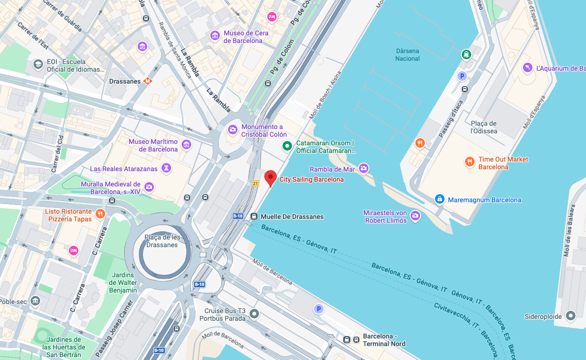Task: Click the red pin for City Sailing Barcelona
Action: [x=271, y=178]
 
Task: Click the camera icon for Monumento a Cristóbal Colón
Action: [x=233, y=129]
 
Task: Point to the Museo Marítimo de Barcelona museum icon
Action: [x=186, y=144]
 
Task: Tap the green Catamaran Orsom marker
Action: [x=287, y=146]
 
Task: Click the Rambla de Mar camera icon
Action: [x=364, y=168]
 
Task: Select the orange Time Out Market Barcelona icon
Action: [x=469, y=162]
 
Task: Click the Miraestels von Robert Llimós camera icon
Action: [x=415, y=216]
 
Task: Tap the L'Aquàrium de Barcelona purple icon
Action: [x=527, y=68]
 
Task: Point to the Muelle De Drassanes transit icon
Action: [x=254, y=217]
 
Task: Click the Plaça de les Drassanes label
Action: [x=163, y=241]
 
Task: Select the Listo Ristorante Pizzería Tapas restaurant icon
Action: [x=100, y=214]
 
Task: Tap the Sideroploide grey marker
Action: [x=570, y=316]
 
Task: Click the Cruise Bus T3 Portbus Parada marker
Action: [x=254, y=314]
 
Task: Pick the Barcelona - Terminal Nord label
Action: [x=384, y=340]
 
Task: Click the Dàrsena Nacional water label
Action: [x=407, y=55]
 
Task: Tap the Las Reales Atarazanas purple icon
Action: [x=166, y=168]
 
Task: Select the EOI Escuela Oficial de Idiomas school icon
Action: [x=38, y=64]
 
